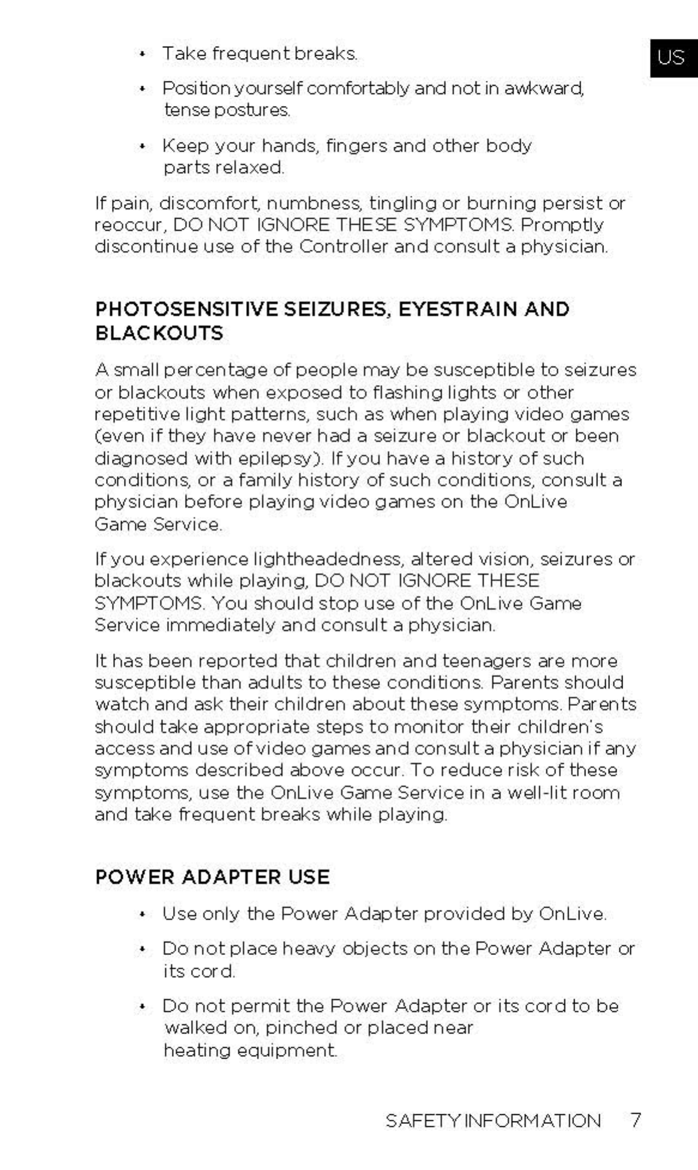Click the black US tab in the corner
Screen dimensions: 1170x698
[x=673, y=57]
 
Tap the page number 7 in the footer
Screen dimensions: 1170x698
[x=635, y=1120]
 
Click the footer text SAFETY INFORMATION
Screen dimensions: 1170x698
[x=493, y=1120]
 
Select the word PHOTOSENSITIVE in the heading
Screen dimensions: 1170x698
[x=186, y=309]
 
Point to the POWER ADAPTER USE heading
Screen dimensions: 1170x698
[x=213, y=877]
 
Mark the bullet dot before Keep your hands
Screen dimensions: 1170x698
[x=142, y=147]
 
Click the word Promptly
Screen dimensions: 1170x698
[x=562, y=225]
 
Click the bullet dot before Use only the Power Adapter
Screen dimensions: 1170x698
[x=142, y=915]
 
